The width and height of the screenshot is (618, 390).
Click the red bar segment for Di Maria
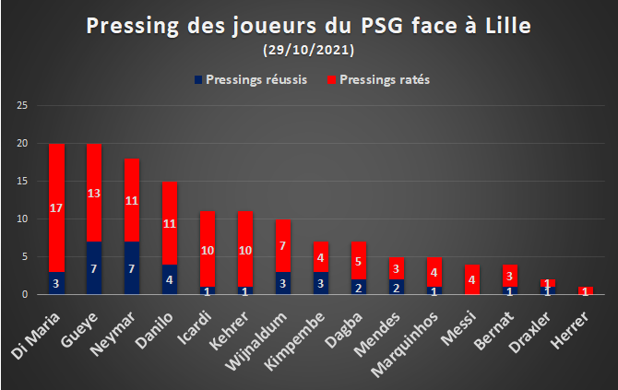click(56, 207)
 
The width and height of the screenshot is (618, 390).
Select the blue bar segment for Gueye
click(94, 268)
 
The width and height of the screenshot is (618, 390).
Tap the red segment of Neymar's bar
click(132, 200)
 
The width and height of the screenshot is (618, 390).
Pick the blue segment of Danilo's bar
click(170, 279)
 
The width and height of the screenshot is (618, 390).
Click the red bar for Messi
click(472, 279)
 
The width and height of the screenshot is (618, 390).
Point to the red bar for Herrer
click(586, 290)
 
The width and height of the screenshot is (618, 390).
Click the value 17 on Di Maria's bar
click(56, 208)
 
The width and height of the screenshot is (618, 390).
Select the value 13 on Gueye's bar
click(94, 194)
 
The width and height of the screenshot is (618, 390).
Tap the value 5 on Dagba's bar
click(358, 262)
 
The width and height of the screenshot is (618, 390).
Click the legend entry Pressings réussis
click(251, 79)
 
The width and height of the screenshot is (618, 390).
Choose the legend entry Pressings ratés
click(378, 79)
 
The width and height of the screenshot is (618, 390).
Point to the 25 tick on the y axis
click(22, 105)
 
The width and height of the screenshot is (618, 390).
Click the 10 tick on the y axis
click(22, 219)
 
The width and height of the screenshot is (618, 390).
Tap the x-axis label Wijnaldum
click(256, 341)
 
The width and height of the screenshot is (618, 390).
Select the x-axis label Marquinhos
click(405, 345)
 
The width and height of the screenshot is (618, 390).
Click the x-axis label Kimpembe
click(294, 341)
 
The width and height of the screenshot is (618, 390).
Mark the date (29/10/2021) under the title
click(309, 50)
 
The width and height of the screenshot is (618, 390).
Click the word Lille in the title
click(508, 26)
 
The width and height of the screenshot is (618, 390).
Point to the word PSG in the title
click(382, 26)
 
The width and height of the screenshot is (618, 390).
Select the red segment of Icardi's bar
click(208, 249)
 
